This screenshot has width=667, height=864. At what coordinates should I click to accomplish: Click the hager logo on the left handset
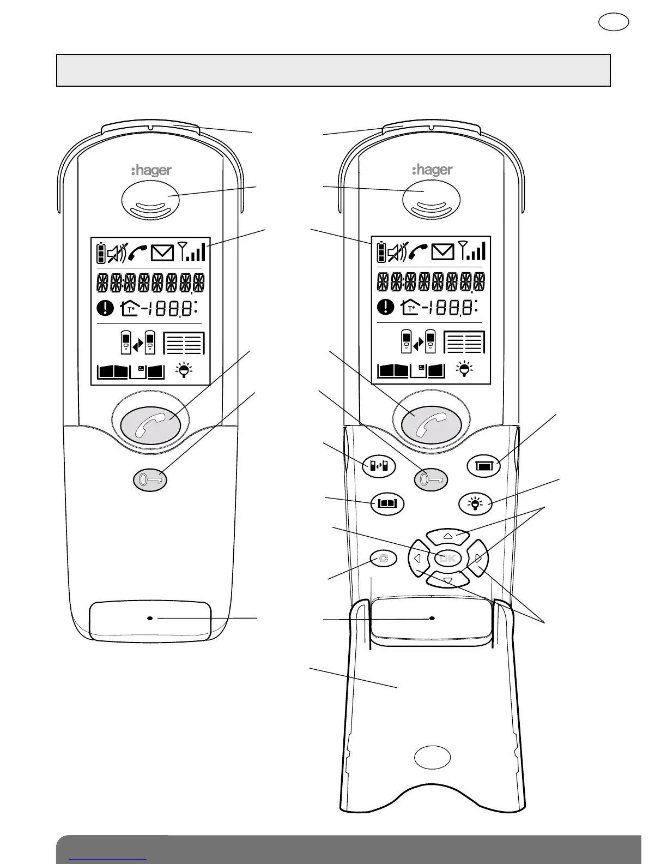[x=151, y=171]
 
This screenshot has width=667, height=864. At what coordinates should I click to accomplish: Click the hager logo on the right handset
[x=432, y=170]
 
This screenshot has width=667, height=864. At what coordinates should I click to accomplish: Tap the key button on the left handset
[x=150, y=481]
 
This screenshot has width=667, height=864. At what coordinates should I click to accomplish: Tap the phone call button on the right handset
[x=432, y=424]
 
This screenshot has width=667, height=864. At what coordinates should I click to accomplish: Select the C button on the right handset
[x=384, y=559]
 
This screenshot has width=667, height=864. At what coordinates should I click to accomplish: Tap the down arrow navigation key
[x=447, y=580]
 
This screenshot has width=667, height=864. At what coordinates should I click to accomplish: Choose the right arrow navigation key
[x=478, y=558]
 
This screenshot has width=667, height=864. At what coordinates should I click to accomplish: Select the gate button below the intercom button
[x=387, y=503]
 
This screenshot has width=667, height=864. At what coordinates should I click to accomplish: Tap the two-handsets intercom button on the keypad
[x=379, y=466]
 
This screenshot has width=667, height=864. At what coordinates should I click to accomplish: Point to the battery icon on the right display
[x=381, y=252]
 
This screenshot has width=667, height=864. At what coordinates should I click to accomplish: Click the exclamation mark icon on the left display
[x=105, y=309]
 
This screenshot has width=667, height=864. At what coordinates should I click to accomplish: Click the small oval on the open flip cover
[x=432, y=757]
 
